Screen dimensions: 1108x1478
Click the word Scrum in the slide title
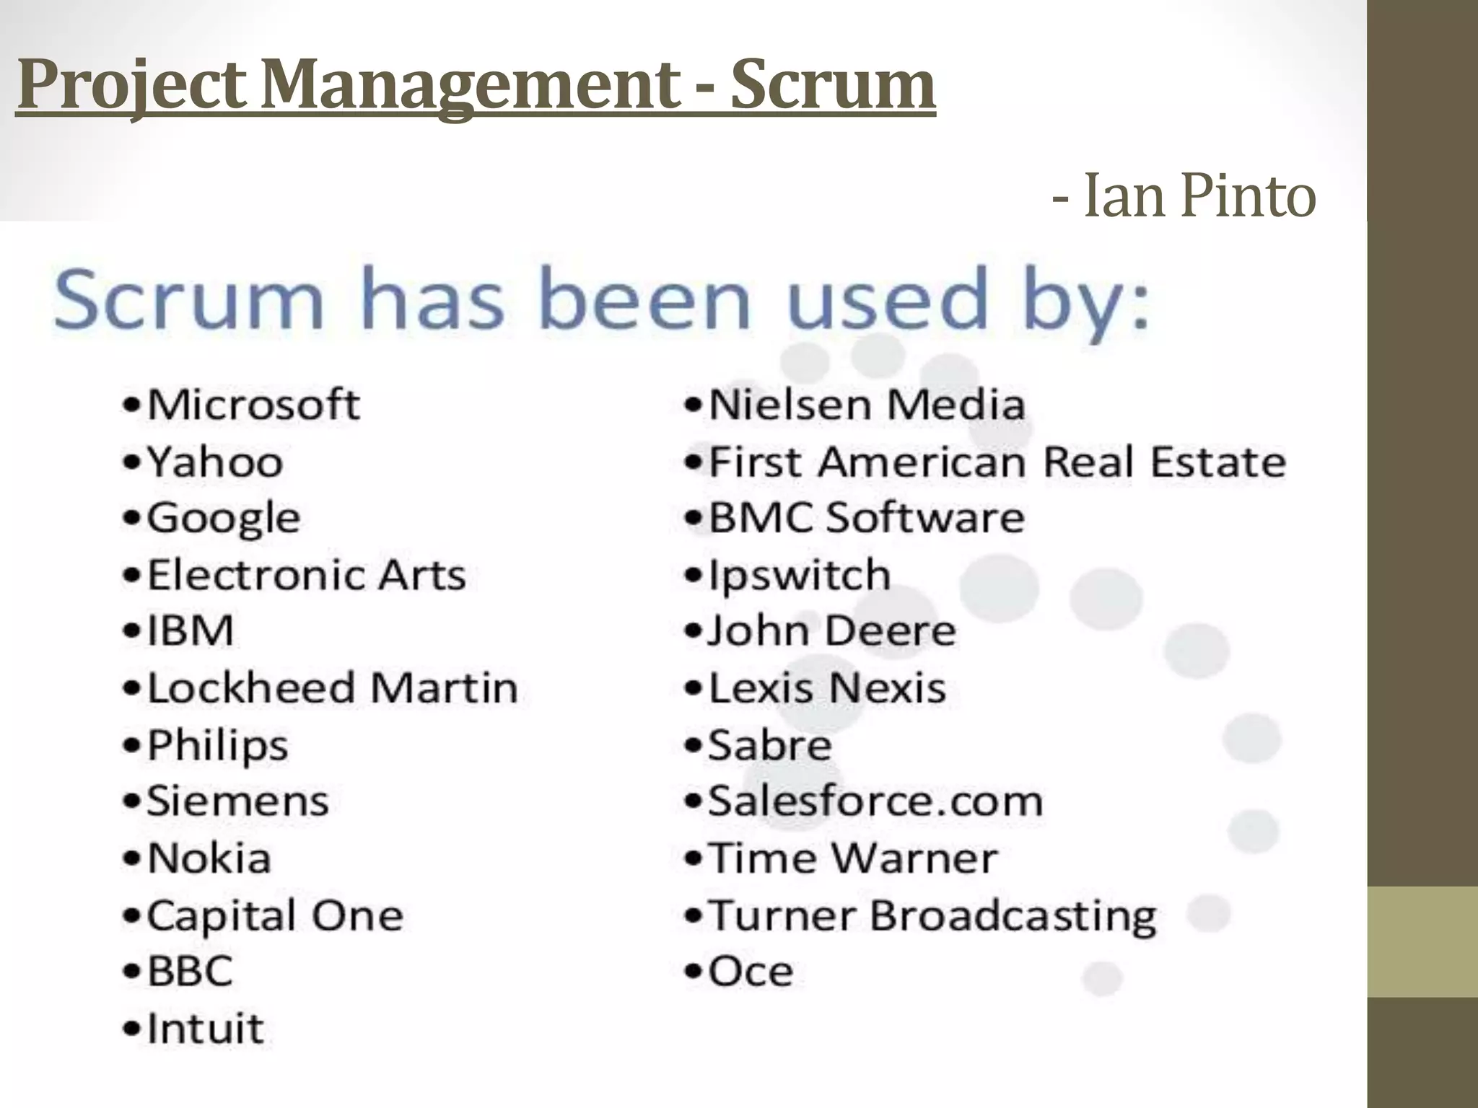(833, 85)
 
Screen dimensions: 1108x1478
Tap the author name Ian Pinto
(1199, 195)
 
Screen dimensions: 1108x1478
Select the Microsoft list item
(253, 404)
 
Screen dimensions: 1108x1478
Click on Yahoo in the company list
(214, 461)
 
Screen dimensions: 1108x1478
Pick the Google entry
(223, 518)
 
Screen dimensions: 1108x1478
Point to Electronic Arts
(306, 575)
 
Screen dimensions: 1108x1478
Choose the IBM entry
(191, 630)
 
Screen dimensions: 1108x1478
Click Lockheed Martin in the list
(332, 687)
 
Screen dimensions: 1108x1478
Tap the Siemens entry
(237, 801)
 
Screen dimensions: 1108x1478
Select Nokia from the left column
(209, 858)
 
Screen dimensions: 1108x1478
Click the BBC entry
(190, 971)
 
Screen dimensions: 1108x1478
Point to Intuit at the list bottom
(205, 1028)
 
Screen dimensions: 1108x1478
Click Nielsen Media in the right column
(866, 404)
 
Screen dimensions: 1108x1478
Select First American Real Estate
(997, 461)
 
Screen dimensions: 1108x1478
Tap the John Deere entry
(831, 630)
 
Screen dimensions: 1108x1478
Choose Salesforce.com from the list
(875, 801)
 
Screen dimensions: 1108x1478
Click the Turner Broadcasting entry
(932, 915)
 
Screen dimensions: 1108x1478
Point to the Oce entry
(751, 971)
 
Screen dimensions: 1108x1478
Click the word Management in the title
(470, 85)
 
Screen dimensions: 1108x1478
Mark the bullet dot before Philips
(131, 745)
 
